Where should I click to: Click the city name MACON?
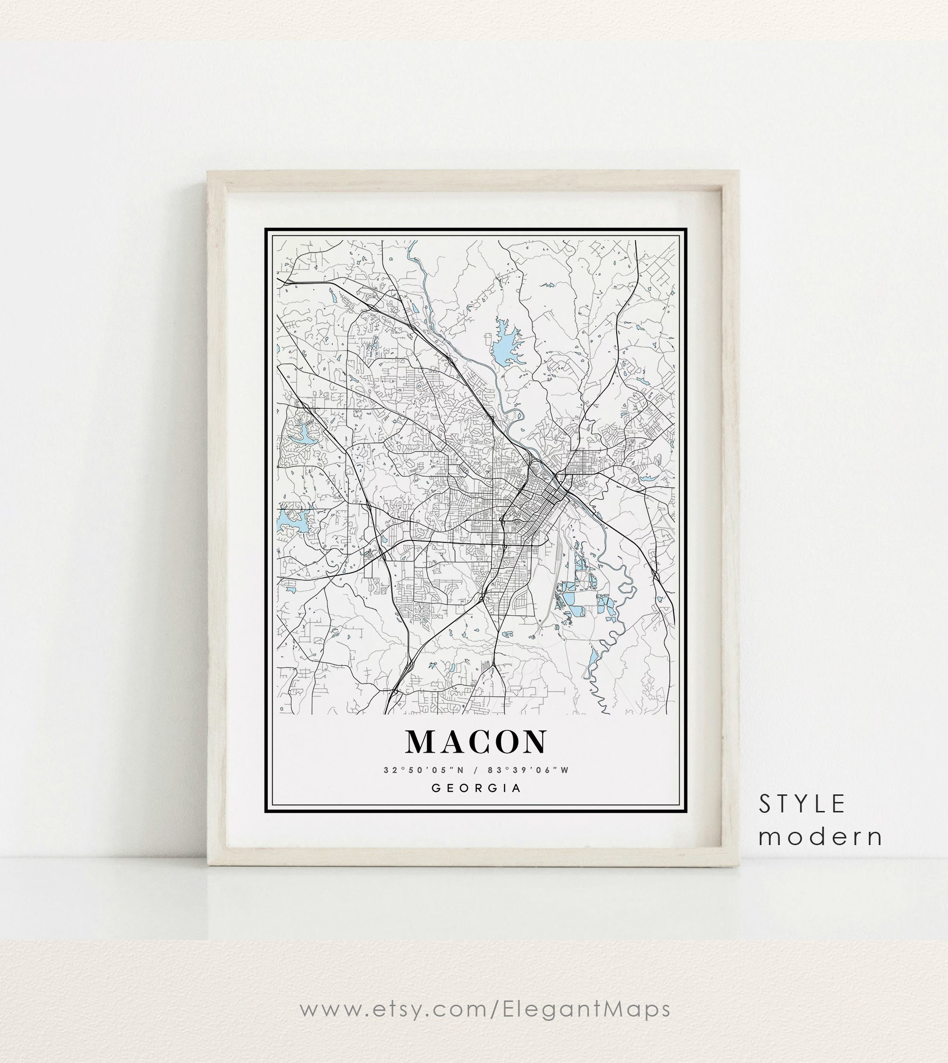[476, 741]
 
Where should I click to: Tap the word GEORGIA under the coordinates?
[476, 788]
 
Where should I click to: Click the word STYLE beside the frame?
[802, 804]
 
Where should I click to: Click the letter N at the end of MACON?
[533, 741]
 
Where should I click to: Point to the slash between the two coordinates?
[475, 770]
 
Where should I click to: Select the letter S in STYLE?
[765, 804]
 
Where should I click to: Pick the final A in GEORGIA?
[516, 788]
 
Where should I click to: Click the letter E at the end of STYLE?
[838, 804]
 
